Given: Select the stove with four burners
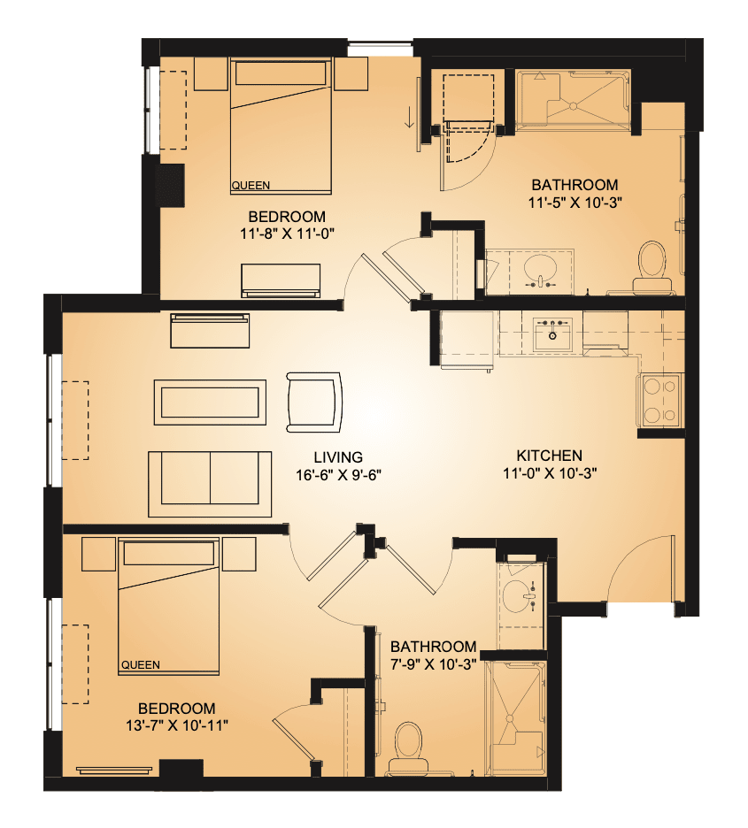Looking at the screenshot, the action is click(x=660, y=400).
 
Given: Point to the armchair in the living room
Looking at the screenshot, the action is click(x=313, y=402).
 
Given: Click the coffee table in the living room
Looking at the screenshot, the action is click(x=210, y=402).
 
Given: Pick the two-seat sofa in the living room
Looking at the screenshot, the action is click(x=210, y=484).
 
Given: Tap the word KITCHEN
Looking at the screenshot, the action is click(x=550, y=456).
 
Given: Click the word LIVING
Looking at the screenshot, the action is click(x=338, y=457).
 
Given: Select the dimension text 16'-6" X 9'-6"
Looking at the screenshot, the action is click(x=338, y=475).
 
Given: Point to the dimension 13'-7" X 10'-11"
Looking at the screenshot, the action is click(x=177, y=725).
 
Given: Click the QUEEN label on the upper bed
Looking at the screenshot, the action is click(x=251, y=186).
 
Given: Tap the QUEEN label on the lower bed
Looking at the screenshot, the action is click(x=141, y=665).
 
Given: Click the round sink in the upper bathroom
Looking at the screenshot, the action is click(x=540, y=270).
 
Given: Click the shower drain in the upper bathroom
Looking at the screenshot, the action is click(x=573, y=106).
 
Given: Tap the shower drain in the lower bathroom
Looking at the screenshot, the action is click(x=510, y=718).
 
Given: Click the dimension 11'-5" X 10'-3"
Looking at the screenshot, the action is click(x=574, y=203).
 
